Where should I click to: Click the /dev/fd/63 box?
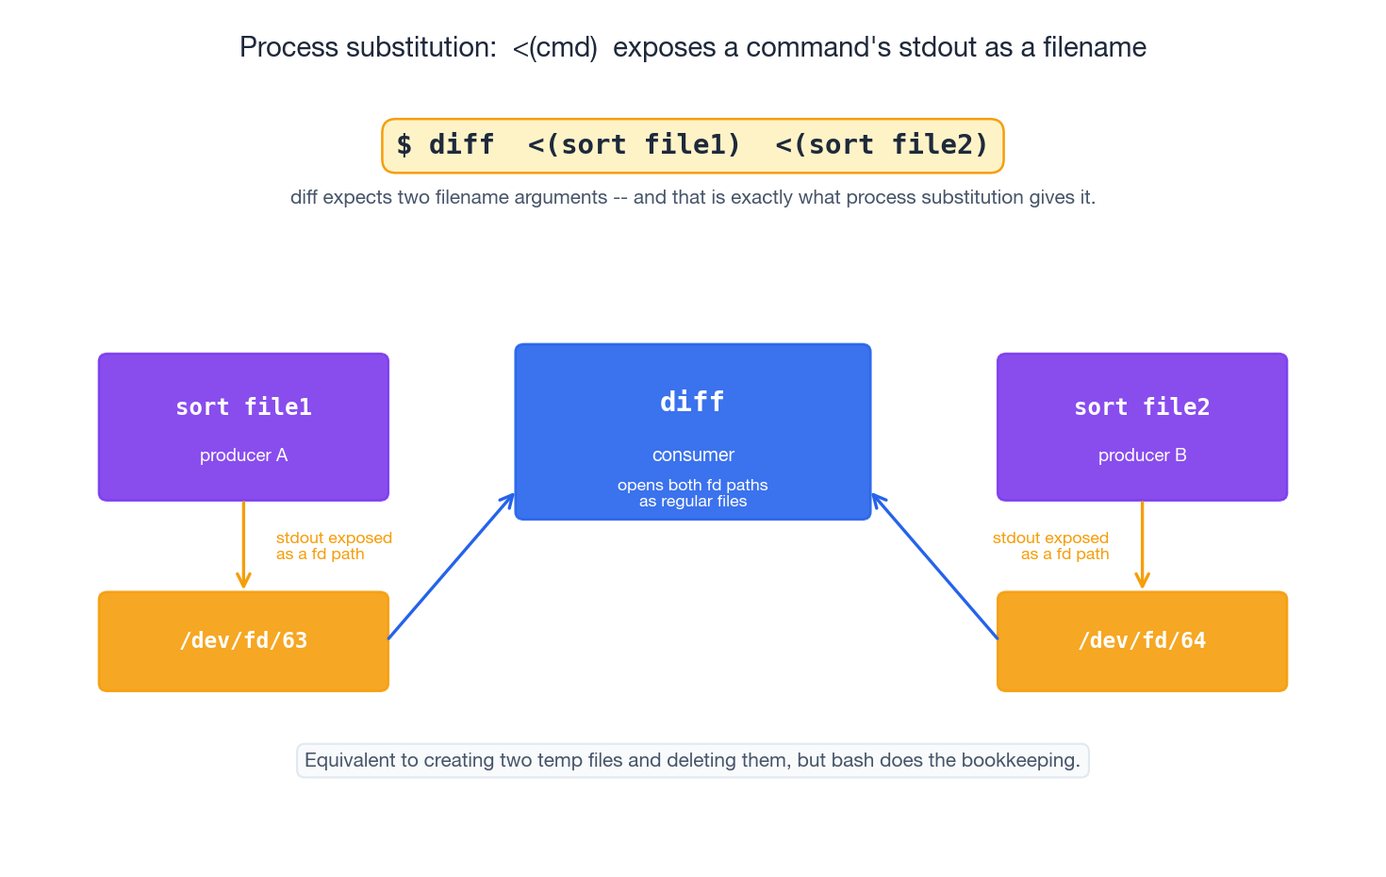coord(243,641)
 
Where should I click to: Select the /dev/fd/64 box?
coord(1142,641)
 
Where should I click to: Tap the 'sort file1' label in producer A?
coord(243,407)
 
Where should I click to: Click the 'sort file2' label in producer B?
coord(1142,407)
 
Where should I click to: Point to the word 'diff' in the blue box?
coord(692,402)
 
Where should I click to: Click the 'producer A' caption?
coord(243,455)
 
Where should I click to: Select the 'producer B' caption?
coord(1142,455)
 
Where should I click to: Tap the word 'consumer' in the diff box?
coord(693,455)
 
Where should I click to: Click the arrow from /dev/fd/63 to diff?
coord(451,567)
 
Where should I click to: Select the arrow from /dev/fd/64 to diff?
coord(935,567)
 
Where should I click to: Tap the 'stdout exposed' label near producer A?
coord(334,538)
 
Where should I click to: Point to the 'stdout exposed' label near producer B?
coord(1050,538)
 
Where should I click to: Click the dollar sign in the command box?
coord(404,145)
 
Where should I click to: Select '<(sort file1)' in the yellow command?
coord(634,145)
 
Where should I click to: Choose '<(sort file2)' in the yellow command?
coord(882,145)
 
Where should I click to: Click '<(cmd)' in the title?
coord(555,47)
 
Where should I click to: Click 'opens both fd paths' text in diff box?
coord(692,486)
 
